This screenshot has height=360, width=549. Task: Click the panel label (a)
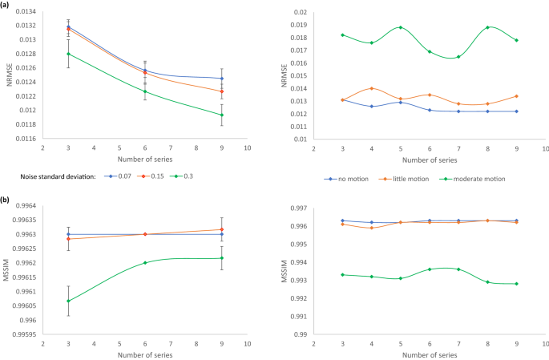pyautogui.click(x=8, y=5)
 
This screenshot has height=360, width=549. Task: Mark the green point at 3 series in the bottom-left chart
pyautogui.click(x=68, y=301)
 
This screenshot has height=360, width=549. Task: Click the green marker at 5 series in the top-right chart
pyautogui.click(x=400, y=27)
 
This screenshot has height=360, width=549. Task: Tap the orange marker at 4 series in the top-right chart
pyautogui.click(x=371, y=88)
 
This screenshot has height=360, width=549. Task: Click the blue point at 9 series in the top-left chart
pyautogui.click(x=222, y=79)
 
